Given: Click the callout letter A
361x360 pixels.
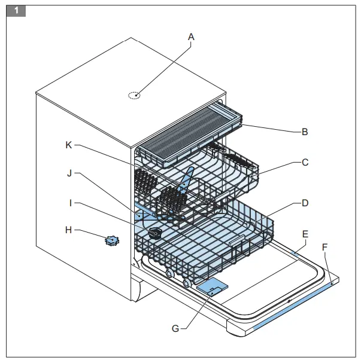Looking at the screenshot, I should pos(191,37).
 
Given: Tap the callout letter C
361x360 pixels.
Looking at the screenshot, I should pos(305,162).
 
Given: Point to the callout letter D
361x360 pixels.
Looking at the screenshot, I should pos(305,203).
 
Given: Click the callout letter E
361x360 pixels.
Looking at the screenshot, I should pos(305,234).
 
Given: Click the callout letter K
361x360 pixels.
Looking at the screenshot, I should pos(69,145).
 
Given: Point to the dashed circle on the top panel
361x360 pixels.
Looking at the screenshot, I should pos(135,95).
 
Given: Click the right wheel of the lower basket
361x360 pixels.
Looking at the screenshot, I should pos(187,283).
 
